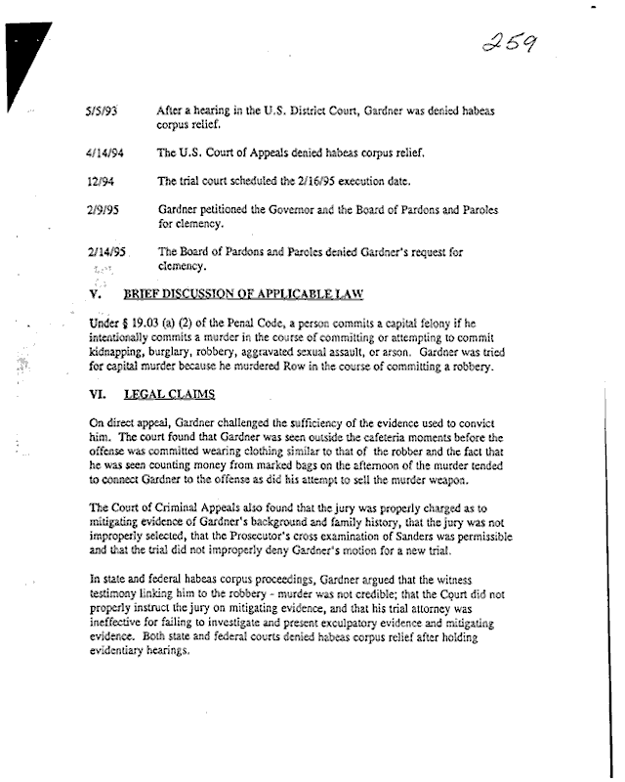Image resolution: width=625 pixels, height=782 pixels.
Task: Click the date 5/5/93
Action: tap(102, 112)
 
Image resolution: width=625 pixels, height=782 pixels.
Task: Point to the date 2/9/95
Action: tap(102, 209)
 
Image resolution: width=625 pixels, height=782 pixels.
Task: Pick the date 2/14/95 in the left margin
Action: tap(104, 251)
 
